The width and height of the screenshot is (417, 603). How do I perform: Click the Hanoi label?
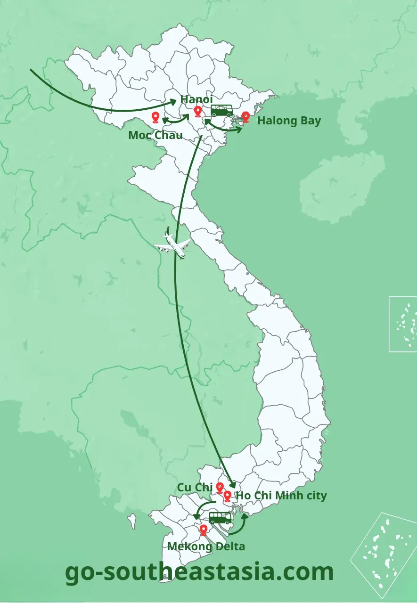coord(196,99)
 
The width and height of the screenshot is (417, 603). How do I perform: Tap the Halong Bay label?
coord(289,121)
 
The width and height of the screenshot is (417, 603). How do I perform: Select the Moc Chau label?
coord(155,136)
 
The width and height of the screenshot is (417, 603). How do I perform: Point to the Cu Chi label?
coord(195,487)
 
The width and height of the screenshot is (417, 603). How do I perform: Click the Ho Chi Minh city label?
coord(281,496)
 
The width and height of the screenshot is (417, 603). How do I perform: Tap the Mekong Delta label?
coord(206,546)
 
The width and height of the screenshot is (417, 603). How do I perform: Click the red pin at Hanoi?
coord(198,112)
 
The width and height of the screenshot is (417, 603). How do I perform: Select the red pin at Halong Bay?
coord(245,117)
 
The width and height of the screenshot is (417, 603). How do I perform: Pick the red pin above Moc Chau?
coord(155,117)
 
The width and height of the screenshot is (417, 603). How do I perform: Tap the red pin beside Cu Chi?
coord(220,488)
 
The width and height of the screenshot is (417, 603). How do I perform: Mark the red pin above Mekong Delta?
coord(204,530)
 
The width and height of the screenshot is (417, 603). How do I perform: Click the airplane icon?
coord(173,244)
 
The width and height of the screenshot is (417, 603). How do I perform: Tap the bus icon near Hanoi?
coord(221,111)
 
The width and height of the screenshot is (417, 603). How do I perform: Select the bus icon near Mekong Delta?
coord(221,518)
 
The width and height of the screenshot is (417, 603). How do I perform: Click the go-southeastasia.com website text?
coord(199,572)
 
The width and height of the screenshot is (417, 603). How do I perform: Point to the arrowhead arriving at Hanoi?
coord(173,100)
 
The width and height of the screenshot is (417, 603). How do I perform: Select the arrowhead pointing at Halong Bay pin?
coord(239,127)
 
